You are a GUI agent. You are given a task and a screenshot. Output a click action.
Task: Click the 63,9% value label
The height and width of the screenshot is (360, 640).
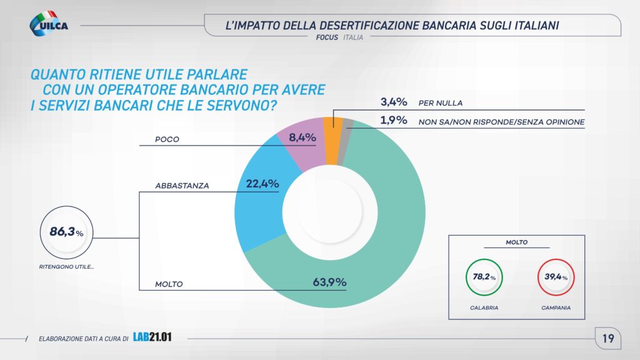(329, 282)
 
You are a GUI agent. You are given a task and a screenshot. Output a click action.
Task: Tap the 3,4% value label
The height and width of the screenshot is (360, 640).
(394, 102)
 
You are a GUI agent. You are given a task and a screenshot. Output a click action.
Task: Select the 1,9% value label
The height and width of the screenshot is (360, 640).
(394, 121)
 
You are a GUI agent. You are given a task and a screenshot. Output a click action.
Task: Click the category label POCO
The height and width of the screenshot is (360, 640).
(167, 139)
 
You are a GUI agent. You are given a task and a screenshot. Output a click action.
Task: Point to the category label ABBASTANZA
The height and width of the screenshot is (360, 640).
(182, 186)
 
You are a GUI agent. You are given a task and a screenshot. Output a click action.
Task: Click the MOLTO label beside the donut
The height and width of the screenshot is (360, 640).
(169, 284)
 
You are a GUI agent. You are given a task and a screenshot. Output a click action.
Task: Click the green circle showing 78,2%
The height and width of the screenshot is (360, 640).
(484, 277)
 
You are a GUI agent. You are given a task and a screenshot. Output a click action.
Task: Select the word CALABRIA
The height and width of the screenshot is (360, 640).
(484, 309)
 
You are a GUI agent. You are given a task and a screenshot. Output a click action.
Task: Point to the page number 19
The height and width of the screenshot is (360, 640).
(607, 339)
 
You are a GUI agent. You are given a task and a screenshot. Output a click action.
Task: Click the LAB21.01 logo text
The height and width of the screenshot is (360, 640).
(152, 338)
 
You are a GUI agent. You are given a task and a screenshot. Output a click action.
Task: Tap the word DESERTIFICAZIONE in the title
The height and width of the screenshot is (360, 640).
(371, 26)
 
